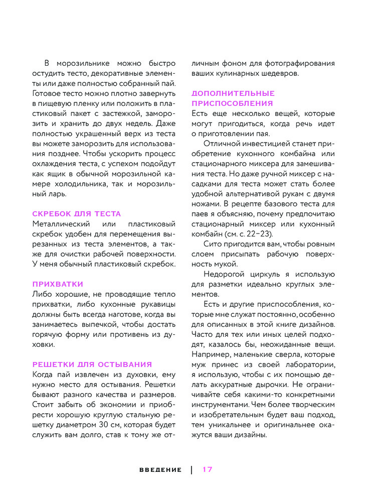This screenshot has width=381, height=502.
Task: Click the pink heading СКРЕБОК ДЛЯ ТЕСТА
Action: pyautogui.click(x=77, y=214)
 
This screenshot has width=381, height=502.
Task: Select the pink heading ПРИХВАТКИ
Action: pyautogui.click(x=58, y=284)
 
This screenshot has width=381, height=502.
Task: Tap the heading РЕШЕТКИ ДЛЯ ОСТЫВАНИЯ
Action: pyautogui.click(x=92, y=364)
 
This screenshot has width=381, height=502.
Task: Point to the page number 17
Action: pyautogui.click(x=208, y=469)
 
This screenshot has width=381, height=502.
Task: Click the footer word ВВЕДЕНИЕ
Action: pyautogui.click(x=160, y=470)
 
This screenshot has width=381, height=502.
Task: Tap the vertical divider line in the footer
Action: pyautogui.click(x=192, y=469)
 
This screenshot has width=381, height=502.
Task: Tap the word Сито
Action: pyautogui.click(x=214, y=244)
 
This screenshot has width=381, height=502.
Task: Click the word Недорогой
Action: pyautogui.click(x=224, y=274)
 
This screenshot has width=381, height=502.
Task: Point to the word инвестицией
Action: pyautogui.click(x=267, y=144)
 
